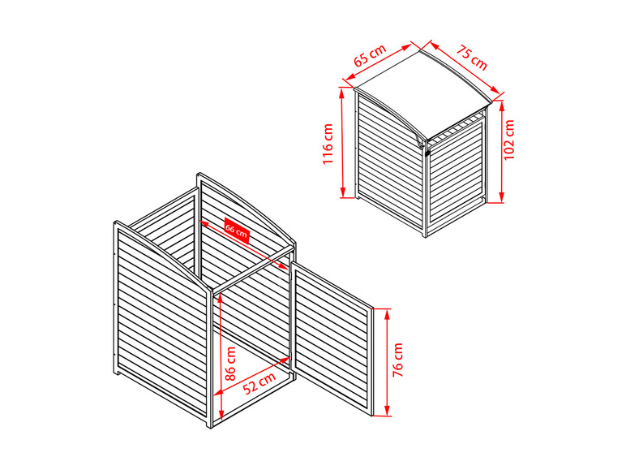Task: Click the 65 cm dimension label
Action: coord(370,54)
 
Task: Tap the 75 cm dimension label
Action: coord(472,58)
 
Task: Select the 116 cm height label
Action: coord(328,144)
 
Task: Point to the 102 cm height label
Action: coord(509,140)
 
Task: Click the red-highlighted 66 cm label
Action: coord(236,231)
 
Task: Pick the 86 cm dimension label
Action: coord(230,364)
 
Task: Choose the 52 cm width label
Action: coord(259,382)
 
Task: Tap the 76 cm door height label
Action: coord(397,360)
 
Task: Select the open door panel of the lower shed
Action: coord(332,338)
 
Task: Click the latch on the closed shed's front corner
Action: coord(426,152)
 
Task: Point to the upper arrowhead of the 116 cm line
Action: coord(341,93)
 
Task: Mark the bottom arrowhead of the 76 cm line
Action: coord(387,411)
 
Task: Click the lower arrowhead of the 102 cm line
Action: coord(501,198)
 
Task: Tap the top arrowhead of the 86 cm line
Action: coord(219,299)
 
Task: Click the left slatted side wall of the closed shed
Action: coord(389,160)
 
